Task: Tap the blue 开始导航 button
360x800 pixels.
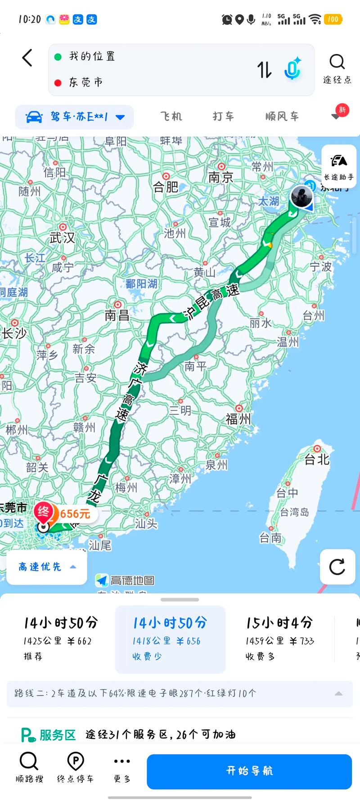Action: coord(249,771)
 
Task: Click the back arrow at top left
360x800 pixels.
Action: coord(27,58)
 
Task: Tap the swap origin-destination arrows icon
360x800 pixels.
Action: coord(264,70)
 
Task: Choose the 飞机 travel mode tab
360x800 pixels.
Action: coord(171,117)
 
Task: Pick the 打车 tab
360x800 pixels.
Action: coord(223,117)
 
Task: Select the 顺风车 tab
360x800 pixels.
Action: coord(282,117)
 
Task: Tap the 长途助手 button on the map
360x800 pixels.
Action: coord(339,166)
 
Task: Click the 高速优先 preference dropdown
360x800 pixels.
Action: coord(46,567)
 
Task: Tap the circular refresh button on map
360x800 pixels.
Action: coord(337,567)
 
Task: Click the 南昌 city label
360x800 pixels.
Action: coord(117,315)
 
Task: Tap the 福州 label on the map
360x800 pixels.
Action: coord(238,418)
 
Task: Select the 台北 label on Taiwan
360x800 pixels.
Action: coord(317,459)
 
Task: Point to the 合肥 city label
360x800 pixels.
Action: coord(166,186)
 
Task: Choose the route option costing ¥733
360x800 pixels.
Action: coord(279,639)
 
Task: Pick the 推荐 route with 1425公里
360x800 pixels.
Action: coord(60,639)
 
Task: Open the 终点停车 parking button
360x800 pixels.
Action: coord(75,767)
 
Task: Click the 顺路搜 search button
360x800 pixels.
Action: coord(29,767)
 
